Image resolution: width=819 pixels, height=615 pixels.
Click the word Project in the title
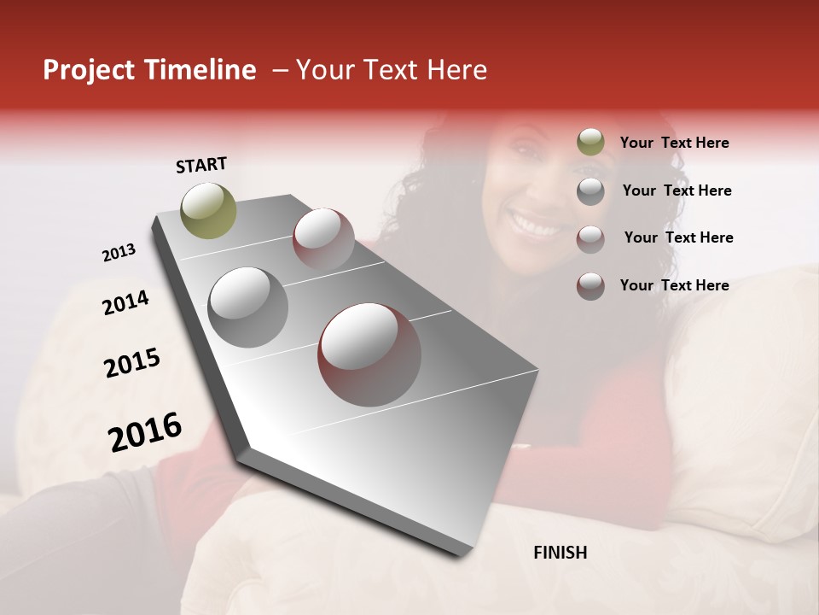click(x=89, y=70)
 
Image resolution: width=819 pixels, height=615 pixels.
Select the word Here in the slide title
click(x=457, y=70)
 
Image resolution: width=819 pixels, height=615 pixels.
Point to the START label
click(x=201, y=165)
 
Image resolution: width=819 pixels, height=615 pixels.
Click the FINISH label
click(x=560, y=553)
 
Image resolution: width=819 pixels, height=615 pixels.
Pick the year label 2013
click(x=119, y=253)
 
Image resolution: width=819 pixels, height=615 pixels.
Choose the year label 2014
click(x=125, y=302)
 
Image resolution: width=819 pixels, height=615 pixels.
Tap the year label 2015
click(x=132, y=363)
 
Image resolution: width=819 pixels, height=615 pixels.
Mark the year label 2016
click(x=145, y=432)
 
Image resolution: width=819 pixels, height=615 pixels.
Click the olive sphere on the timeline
click(x=209, y=210)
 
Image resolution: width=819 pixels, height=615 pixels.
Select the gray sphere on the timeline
click(x=248, y=307)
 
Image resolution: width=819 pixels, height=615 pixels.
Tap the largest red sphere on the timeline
click(x=369, y=354)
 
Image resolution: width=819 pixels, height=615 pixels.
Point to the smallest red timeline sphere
click(x=323, y=238)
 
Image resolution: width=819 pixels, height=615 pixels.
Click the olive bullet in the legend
click(x=590, y=143)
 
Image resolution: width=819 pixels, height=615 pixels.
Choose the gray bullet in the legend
click(x=590, y=191)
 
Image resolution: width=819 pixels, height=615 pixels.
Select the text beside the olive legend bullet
click(x=674, y=143)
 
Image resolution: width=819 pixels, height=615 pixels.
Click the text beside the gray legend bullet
click(x=677, y=190)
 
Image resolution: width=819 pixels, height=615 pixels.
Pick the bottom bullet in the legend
click(x=590, y=286)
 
